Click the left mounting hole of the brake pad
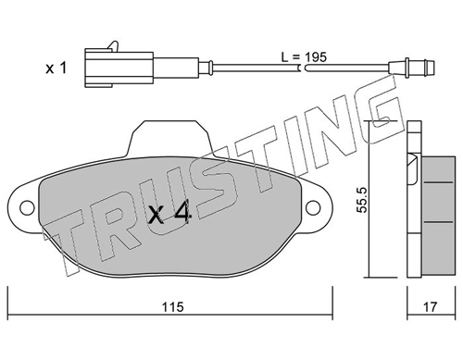coord(27,207)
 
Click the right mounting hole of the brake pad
coord(313,207)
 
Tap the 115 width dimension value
coord(173,306)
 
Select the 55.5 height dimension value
coord(362,200)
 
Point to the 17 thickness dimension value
coord(430,306)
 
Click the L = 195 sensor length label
coord(304,57)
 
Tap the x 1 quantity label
coord(56,68)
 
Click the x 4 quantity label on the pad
coord(169,214)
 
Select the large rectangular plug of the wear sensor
coord(119,68)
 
